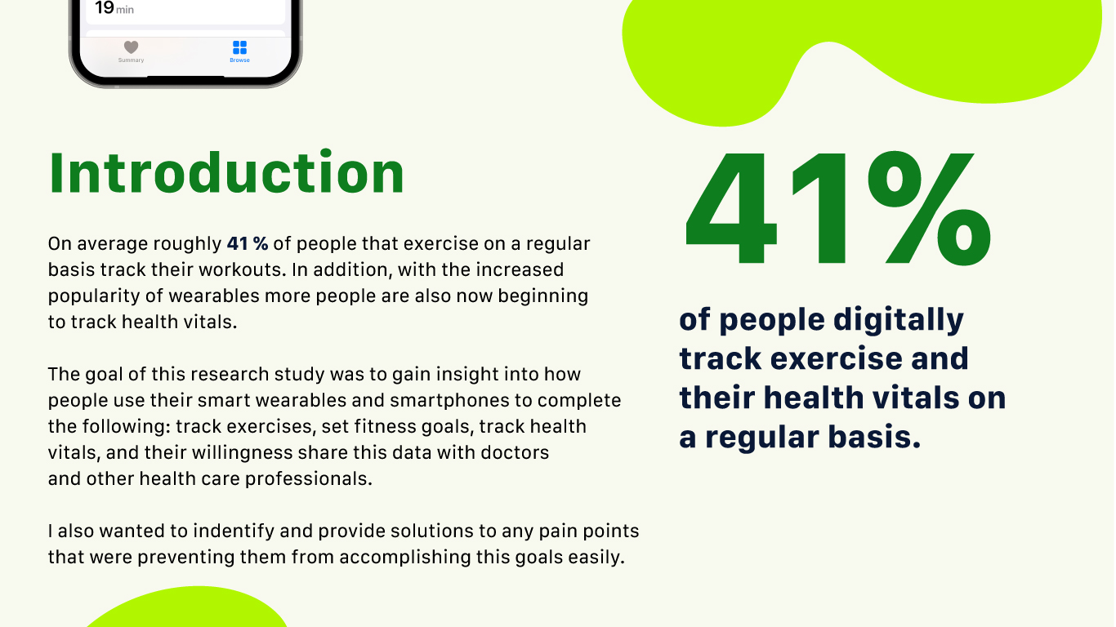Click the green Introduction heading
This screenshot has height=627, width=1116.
(x=226, y=172)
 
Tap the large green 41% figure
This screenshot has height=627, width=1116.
(x=838, y=208)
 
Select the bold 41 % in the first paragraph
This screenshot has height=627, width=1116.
(x=247, y=243)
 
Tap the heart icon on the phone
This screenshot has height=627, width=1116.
(x=131, y=47)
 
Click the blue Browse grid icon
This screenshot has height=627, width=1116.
(x=239, y=47)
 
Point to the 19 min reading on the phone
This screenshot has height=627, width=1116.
(x=114, y=8)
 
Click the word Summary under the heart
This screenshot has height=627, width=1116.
(x=131, y=60)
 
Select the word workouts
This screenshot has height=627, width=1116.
(x=243, y=269)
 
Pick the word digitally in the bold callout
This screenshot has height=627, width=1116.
(x=899, y=320)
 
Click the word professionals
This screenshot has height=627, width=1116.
(x=308, y=479)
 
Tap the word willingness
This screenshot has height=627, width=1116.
(x=242, y=453)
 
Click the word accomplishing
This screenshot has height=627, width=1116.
(x=405, y=558)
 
